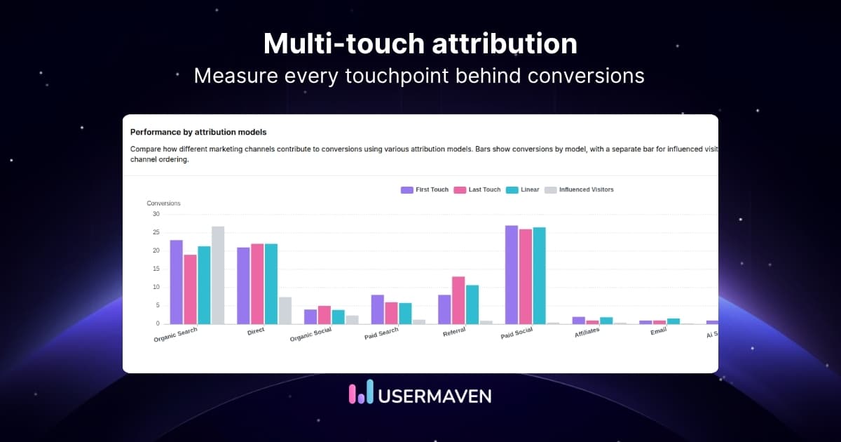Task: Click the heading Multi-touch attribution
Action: coord(420,43)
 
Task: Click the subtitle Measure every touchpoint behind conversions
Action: coord(419,76)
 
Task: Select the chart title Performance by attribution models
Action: coord(198,132)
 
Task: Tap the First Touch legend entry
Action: coord(425,189)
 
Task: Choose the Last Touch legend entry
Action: coord(477,189)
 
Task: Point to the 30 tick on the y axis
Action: coord(156,214)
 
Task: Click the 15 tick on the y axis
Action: coord(156,269)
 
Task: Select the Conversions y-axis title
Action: coord(163,203)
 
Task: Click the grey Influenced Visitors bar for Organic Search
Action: coord(218,275)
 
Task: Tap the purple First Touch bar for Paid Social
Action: coord(512,274)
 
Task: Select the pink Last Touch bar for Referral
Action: coord(458,300)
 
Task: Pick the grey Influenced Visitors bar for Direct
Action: coord(285,310)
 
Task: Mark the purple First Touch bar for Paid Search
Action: coord(377,309)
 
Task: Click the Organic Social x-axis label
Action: coord(310,335)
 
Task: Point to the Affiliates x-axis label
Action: coord(586,331)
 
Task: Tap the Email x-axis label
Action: coord(658,330)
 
